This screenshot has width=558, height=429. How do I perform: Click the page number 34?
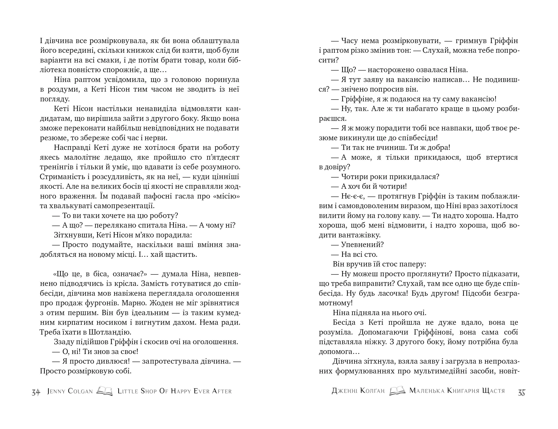click(x=36, y=392)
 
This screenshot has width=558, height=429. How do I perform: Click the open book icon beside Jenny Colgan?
click(x=105, y=391)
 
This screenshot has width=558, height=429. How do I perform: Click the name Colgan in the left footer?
click(x=80, y=391)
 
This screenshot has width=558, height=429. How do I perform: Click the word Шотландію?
click(x=110, y=332)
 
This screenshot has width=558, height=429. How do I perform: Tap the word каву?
click(x=411, y=216)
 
